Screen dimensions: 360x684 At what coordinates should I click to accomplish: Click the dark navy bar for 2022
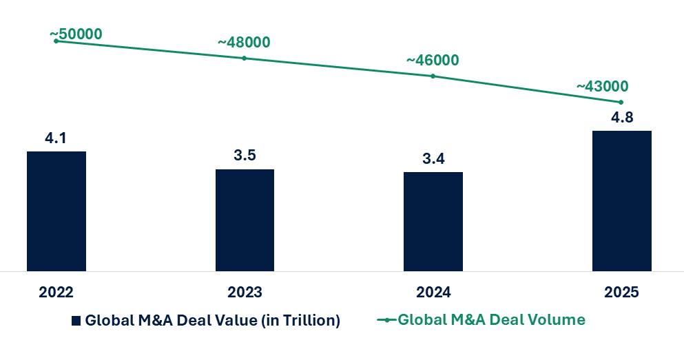[x=56, y=211]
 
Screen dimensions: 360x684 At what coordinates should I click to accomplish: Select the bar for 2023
[x=245, y=220]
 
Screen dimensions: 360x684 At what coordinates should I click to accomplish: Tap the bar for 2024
[x=433, y=221]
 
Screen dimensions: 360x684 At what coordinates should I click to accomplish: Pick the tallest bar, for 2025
[x=621, y=200]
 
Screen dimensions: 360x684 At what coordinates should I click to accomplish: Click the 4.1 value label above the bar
[x=56, y=139]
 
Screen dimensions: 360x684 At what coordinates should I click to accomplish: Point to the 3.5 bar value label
[x=245, y=156]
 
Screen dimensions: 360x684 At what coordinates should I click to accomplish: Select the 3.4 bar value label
[x=433, y=159]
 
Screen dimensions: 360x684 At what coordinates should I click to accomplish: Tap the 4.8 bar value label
[x=621, y=117]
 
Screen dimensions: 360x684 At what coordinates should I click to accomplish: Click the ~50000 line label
[x=76, y=34]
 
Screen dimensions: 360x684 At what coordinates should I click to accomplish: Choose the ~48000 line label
[x=244, y=42]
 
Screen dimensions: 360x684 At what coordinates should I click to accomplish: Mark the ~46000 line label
[x=433, y=60]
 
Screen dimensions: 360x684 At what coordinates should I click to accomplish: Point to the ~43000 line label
[x=602, y=86]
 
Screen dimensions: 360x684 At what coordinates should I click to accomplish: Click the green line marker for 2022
[x=56, y=41]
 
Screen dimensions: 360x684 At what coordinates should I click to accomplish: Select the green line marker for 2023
[x=245, y=59]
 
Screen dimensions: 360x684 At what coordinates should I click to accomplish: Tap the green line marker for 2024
[x=433, y=76]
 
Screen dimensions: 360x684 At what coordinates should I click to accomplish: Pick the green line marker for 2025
[x=621, y=102]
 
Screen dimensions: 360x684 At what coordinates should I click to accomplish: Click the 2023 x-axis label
[x=245, y=293]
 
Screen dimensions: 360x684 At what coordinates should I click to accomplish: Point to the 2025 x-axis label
[x=621, y=293]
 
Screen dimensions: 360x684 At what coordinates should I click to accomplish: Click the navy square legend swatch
[x=76, y=321]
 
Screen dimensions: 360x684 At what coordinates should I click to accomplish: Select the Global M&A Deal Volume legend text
[x=491, y=320]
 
